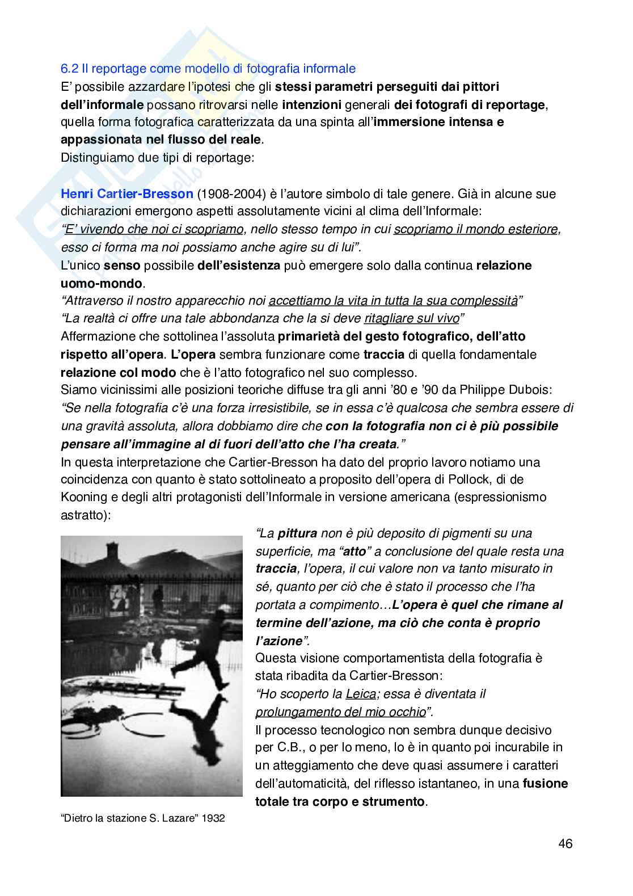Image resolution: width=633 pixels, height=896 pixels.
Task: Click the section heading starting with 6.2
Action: pyautogui.click(x=208, y=69)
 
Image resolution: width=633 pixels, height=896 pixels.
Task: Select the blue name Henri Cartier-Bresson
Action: pyautogui.click(x=127, y=194)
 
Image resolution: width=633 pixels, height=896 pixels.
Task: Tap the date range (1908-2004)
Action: pyautogui.click(x=231, y=194)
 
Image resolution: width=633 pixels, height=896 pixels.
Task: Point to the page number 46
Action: pyautogui.click(x=565, y=843)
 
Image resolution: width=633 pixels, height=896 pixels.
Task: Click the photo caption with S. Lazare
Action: pyautogui.click(x=142, y=818)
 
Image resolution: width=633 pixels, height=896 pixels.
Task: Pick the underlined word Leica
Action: pyautogui.click(x=361, y=693)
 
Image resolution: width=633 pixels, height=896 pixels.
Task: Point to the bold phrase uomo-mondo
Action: pyautogui.click(x=102, y=283)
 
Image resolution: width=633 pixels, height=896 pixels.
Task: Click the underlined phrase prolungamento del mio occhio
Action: pyautogui.click(x=340, y=712)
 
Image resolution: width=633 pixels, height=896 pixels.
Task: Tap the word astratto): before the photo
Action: pyautogui.click(x=86, y=515)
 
